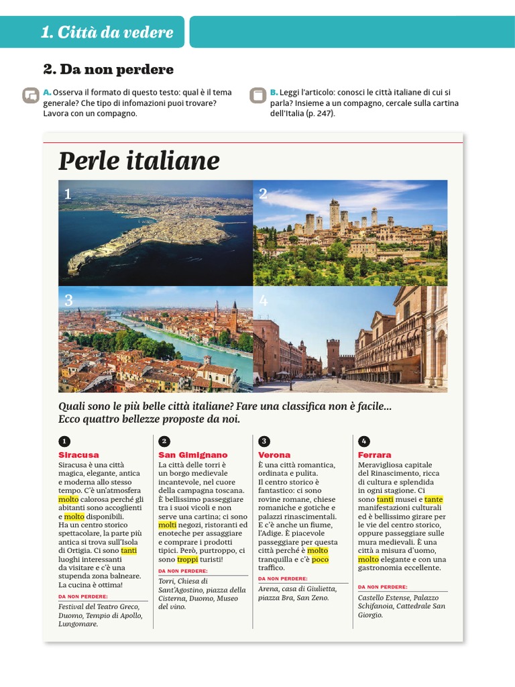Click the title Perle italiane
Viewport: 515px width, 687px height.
pos(139,161)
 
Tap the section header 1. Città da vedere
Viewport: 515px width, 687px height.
pos(107,32)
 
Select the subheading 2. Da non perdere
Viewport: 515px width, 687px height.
pos(108,69)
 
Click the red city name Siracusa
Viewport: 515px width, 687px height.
pos(78,455)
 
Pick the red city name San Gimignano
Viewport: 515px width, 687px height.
pos(193,455)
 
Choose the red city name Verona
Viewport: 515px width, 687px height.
pos(274,455)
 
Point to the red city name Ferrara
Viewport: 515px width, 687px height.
pos(374,455)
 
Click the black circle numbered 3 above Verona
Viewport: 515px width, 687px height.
pos(264,441)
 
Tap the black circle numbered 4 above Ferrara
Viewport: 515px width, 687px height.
pos(364,441)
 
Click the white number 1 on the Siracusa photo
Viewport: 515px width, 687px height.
pos(68,194)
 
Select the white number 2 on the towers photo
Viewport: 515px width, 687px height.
pos(263,194)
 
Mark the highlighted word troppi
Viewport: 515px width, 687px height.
pos(188,559)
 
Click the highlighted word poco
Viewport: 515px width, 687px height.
pos(321,559)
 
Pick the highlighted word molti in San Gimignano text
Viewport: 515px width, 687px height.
pos(167,525)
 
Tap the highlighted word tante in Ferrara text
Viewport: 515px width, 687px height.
pos(434,499)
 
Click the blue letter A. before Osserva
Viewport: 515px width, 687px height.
pos(47,92)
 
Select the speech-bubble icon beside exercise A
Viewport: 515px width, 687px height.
pos(30,95)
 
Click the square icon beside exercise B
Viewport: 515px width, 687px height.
pos(257,95)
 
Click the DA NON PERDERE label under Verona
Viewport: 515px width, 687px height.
pos(283,578)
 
